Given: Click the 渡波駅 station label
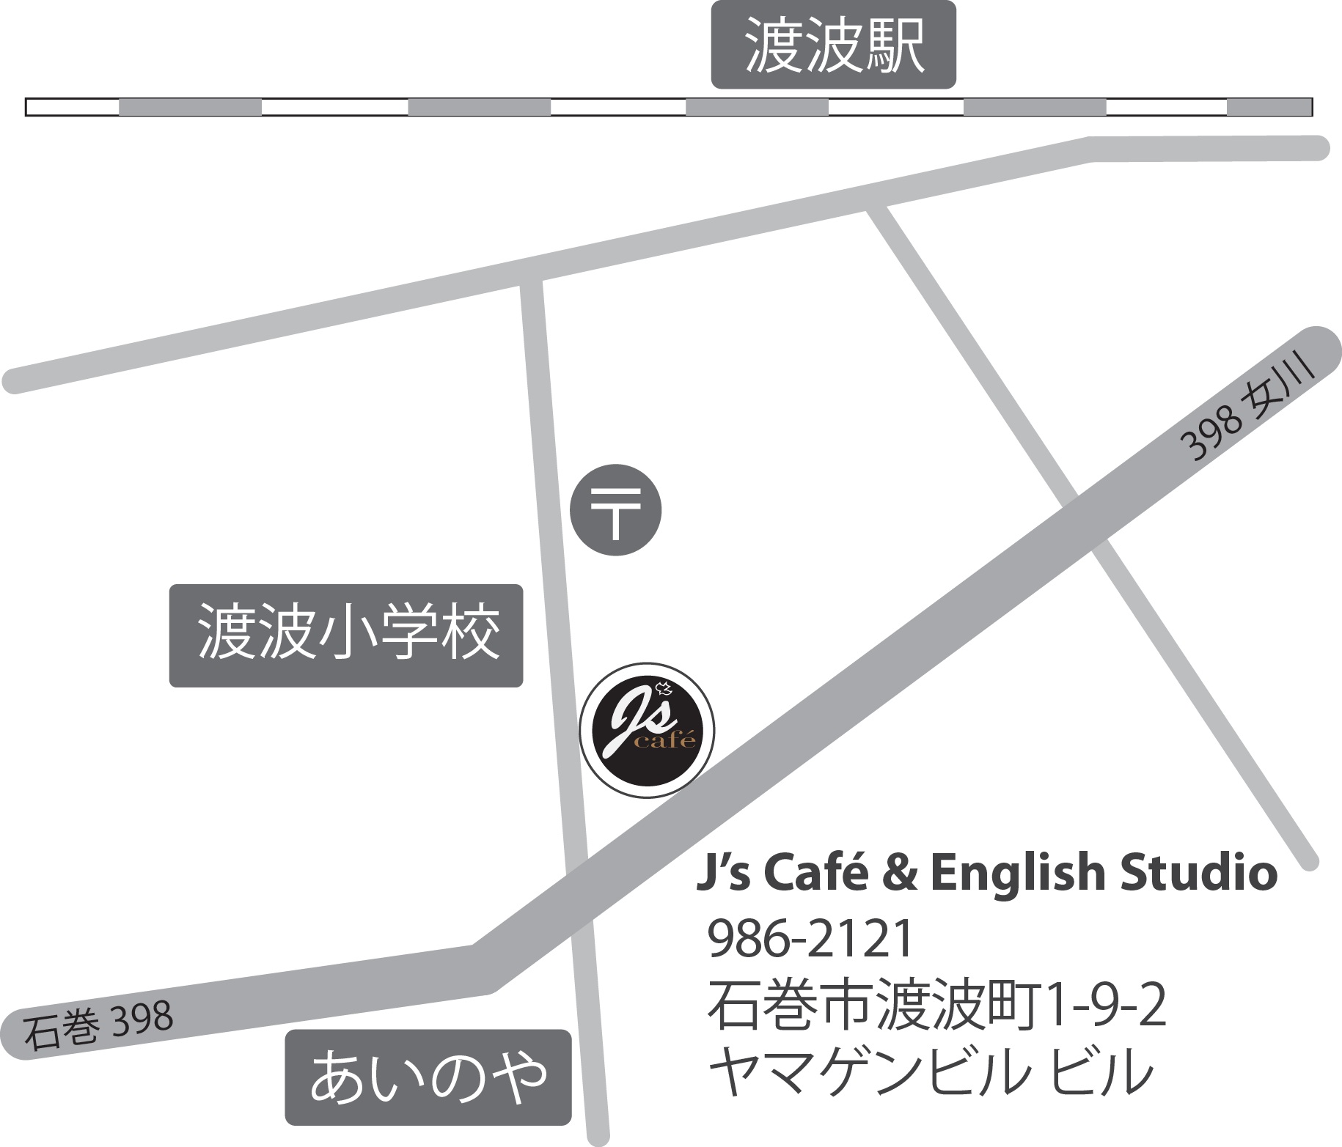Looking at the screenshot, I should coord(834,45).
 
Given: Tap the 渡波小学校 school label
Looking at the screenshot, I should coord(346,635).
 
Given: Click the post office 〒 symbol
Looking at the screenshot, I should coord(616,510).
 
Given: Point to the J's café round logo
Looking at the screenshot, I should coord(647,729).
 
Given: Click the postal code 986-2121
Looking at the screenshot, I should coord(811,940).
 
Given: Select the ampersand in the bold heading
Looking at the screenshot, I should coord(902,874).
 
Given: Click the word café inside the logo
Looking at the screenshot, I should coord(664,741).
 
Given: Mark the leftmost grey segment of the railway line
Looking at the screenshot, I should coord(190,107).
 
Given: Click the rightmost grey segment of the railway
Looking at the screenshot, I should coord(1269,107).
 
